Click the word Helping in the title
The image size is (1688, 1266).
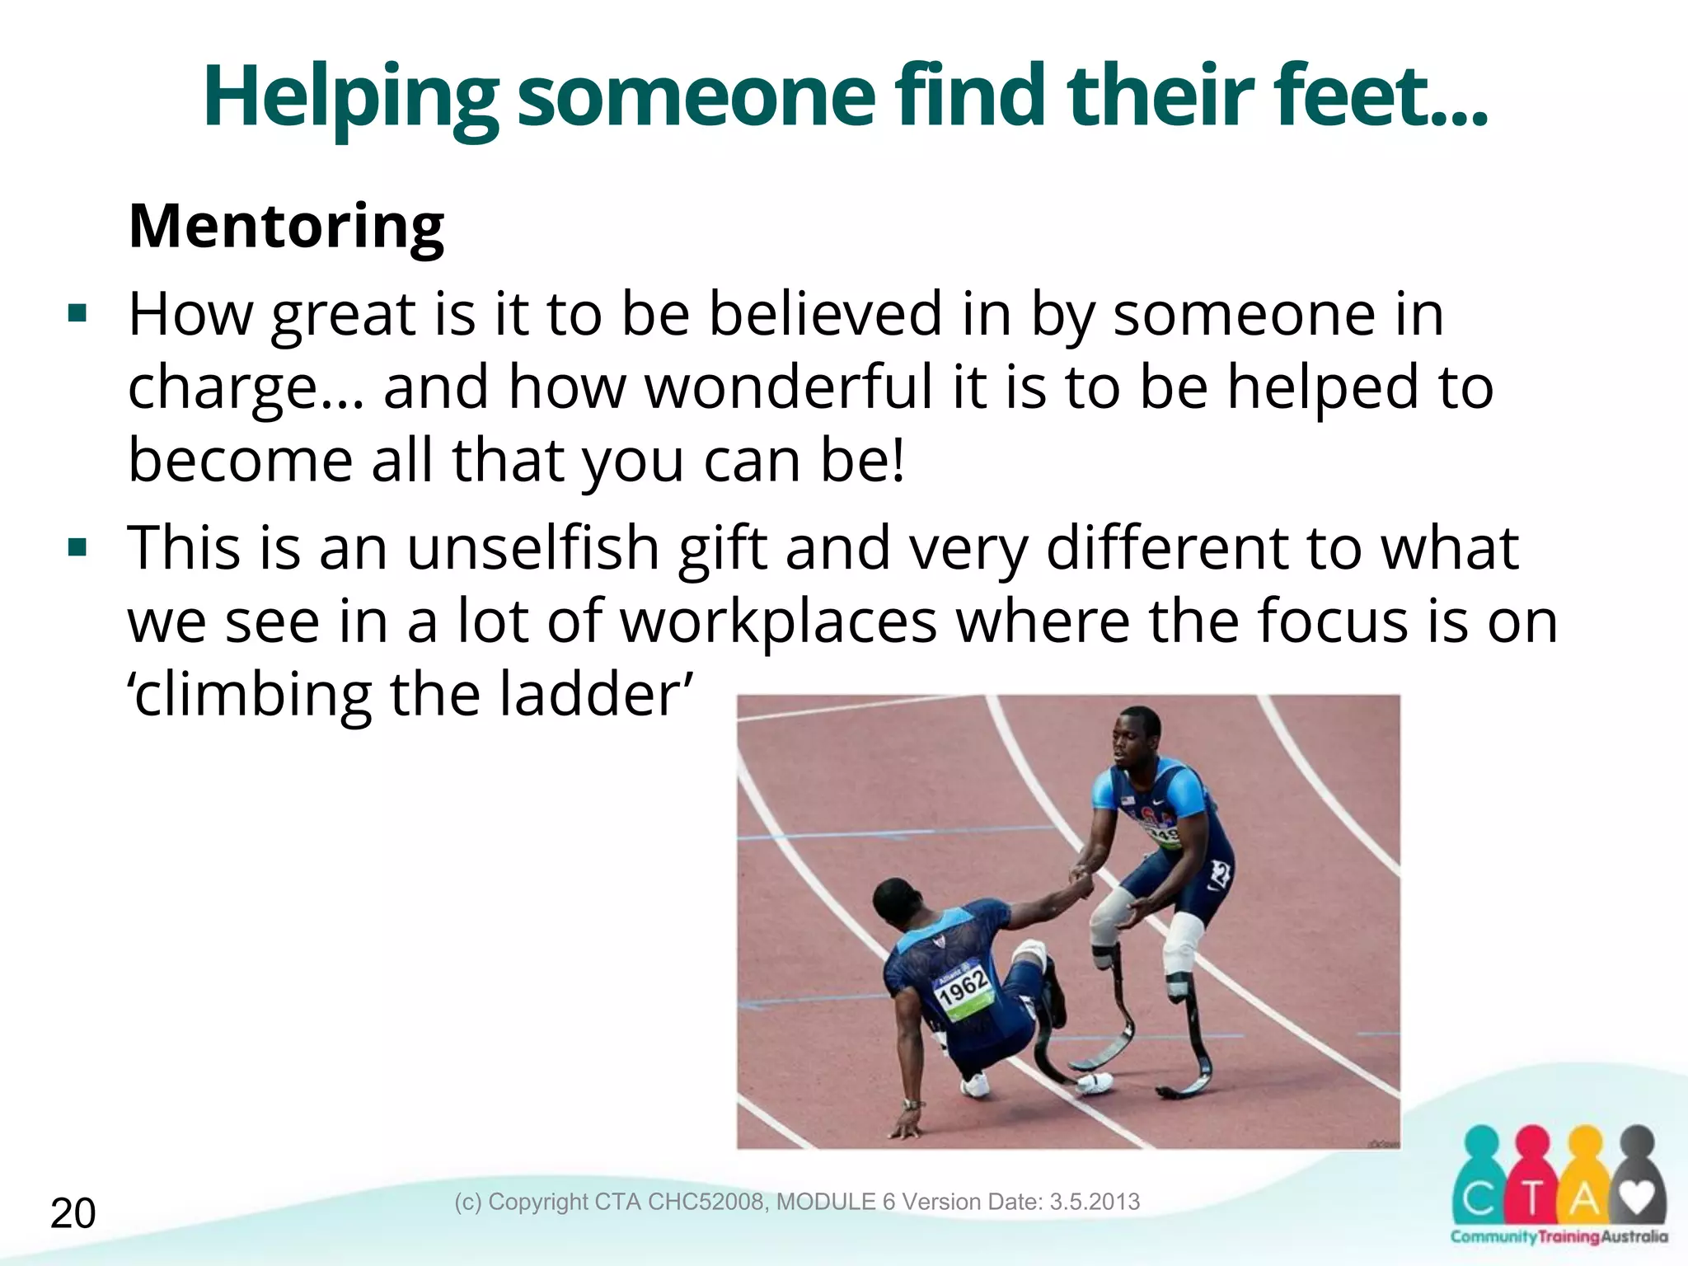coord(349,99)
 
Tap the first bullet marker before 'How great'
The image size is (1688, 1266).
coord(78,314)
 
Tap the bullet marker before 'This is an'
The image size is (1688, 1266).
coord(78,547)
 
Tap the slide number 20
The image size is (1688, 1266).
coord(73,1214)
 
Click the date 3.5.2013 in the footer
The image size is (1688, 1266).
coord(1094,1202)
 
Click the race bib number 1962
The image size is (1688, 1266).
coord(963,987)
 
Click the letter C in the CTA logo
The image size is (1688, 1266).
coord(1481,1200)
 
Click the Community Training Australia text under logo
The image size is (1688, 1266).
coord(1559,1236)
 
